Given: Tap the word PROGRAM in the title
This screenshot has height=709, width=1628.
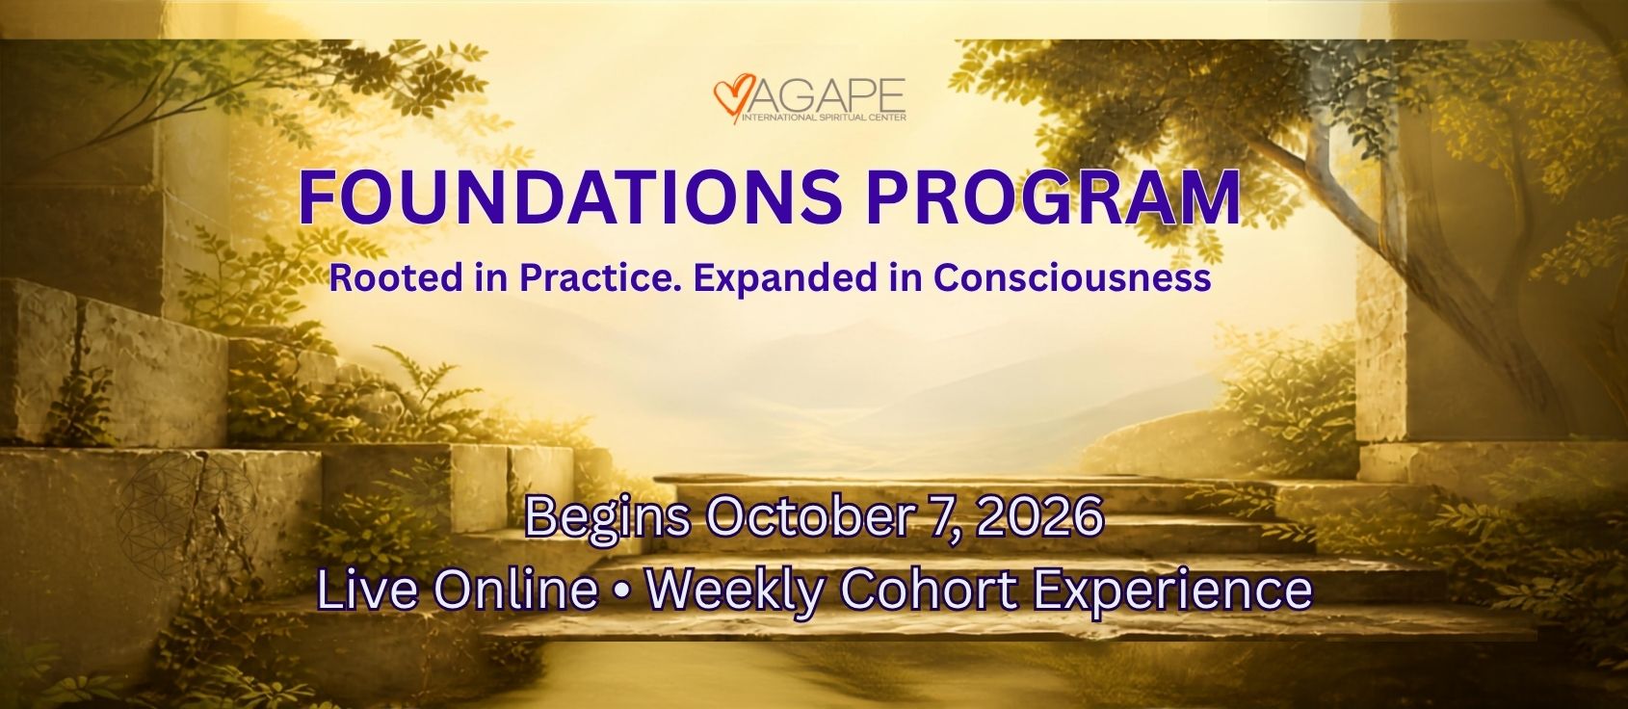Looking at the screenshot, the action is click(1052, 198).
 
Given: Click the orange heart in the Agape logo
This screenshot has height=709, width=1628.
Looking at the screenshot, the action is click(727, 95).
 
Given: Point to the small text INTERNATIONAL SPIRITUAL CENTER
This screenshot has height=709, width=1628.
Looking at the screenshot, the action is click(824, 117).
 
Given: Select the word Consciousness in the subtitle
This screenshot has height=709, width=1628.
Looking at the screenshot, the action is click(1072, 277).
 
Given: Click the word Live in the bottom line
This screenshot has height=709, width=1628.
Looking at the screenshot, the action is click(362, 590).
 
